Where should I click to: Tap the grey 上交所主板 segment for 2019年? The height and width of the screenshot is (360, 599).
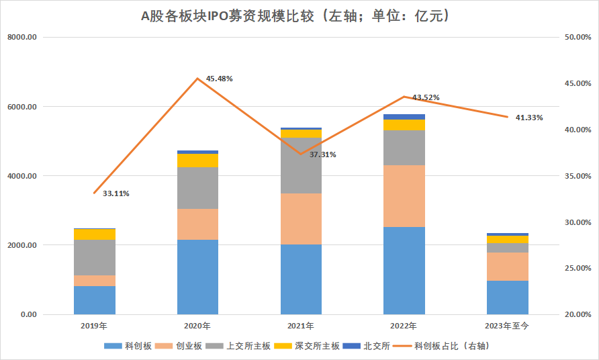click(x=95, y=257)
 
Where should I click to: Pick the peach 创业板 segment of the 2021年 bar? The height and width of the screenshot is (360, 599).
click(x=301, y=219)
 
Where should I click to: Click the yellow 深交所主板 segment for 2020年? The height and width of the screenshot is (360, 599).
click(x=197, y=161)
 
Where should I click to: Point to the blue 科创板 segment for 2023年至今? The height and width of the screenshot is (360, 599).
click(x=507, y=298)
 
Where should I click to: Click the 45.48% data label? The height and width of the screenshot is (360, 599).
click(x=220, y=79)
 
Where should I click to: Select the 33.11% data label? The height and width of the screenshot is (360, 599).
click(x=116, y=193)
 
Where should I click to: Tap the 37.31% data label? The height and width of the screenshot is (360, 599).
click(x=323, y=154)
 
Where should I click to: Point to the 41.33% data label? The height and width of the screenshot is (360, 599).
click(x=529, y=118)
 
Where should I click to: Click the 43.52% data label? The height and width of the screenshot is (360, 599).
click(x=426, y=97)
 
